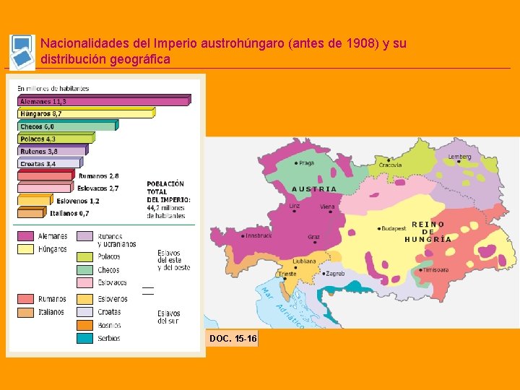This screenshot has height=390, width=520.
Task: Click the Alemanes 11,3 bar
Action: pyautogui.click(x=103, y=101)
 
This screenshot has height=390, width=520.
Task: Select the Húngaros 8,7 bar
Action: pyautogui.click(x=85, y=113)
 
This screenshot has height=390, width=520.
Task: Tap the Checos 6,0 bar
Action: pyautogui.click(x=66, y=126)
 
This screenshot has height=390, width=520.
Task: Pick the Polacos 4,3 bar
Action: pyautogui.click(x=56, y=139)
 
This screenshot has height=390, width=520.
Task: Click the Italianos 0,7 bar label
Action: pyautogui.click(x=69, y=213)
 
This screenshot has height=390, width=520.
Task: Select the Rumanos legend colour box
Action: pyautogui.click(x=26, y=299)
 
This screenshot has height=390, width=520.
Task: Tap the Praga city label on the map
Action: pyautogui.click(x=305, y=163)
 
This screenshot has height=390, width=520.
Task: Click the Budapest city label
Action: pyautogui.click(x=394, y=228)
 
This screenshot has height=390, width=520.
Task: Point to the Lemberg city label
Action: pyautogui.click(x=459, y=157)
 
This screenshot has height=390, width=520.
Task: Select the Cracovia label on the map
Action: pyautogui.click(x=390, y=165)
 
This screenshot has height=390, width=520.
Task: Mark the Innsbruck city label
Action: pyautogui.click(x=259, y=235)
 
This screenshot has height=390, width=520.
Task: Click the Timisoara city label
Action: pyautogui.click(x=435, y=270)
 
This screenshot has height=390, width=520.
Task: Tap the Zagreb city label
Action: pyautogui.click(x=334, y=274)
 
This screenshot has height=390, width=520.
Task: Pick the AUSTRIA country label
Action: pyautogui.click(x=313, y=189)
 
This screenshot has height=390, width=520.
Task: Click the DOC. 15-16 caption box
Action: pyautogui.click(x=232, y=339)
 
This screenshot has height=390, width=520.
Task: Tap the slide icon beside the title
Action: pyautogui.click(x=22, y=52)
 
